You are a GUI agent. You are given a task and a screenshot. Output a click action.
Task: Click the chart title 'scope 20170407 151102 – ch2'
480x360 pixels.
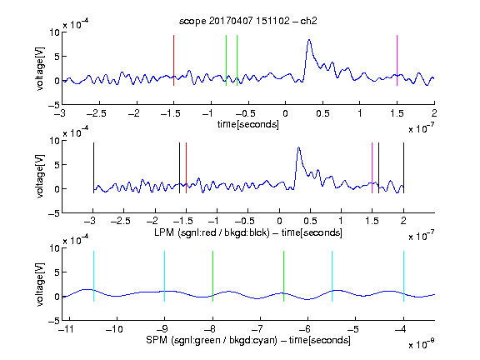pos(248,21)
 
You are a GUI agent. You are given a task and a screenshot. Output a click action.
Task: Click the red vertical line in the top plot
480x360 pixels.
pos(173,60)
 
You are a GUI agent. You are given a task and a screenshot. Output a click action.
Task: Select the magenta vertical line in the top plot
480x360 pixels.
pos(397,60)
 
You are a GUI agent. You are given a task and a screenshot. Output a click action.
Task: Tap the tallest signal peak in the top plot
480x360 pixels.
pos(309,40)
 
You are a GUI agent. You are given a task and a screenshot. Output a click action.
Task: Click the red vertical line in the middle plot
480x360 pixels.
pos(186,167)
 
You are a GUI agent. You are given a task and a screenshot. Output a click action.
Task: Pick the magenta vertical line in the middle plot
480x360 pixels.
pos(372,167)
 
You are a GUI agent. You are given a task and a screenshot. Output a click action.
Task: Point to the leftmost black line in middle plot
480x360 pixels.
pos(93,167)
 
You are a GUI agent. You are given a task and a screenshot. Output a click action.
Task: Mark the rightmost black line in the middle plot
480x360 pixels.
pos(403,167)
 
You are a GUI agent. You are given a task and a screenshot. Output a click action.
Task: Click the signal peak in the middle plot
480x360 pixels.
pos(299,147)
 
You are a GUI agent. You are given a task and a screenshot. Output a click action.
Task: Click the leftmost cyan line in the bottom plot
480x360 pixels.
pos(93,276)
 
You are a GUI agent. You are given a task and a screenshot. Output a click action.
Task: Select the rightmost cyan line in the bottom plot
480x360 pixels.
pos(403,276)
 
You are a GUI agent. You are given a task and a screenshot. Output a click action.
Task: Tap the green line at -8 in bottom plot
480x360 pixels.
pos(212,276)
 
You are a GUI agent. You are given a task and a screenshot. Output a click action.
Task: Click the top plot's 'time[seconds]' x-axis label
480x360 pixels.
pos(248,124)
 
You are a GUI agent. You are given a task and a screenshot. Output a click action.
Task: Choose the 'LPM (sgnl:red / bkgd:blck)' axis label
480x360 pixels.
pos(212,232)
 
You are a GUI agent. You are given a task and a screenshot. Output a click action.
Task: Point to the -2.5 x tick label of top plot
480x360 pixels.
pos(96,114)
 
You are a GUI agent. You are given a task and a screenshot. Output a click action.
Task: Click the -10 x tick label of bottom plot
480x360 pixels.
pos(114,329)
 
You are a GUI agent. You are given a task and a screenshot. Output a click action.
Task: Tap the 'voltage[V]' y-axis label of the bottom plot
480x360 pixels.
pos(40,284)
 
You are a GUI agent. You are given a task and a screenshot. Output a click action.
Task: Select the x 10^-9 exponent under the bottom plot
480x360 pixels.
pos(422,344)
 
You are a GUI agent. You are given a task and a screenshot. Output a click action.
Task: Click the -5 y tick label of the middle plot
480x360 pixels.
pos(54,213)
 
